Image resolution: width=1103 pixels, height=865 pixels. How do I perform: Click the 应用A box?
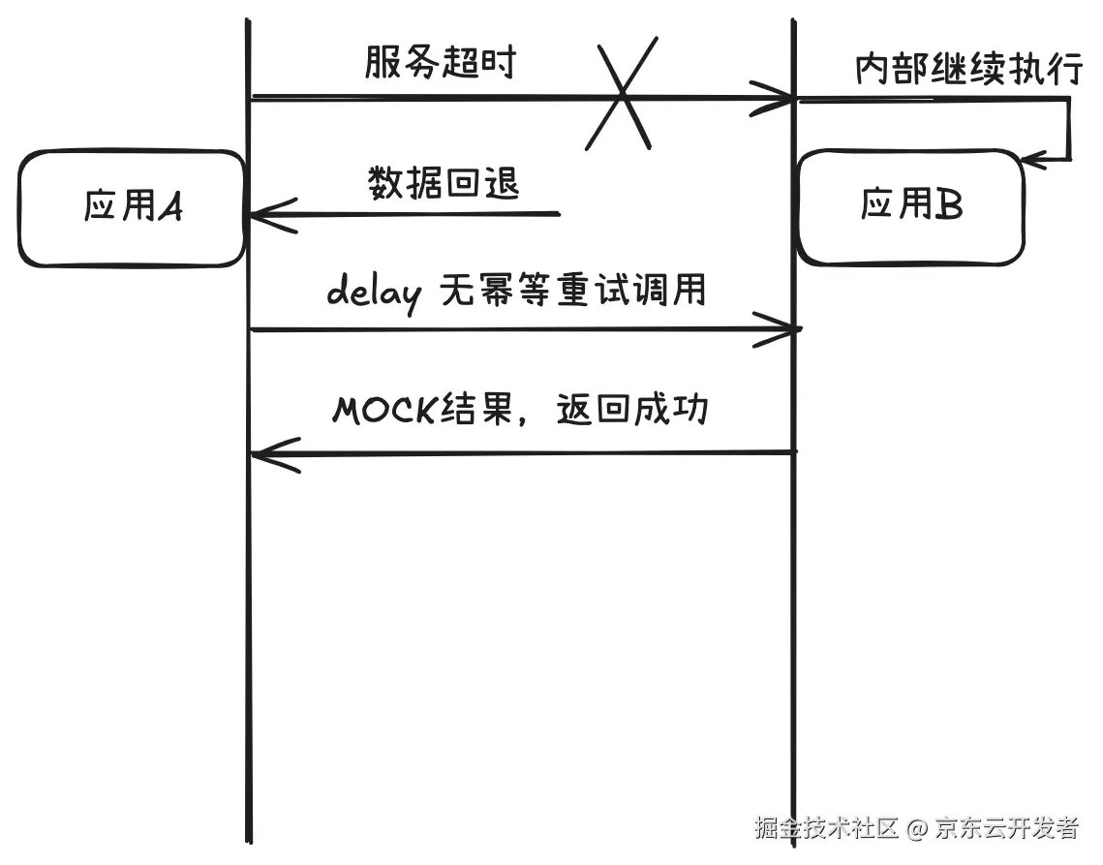[132, 207]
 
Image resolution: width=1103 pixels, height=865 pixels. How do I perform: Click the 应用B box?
[910, 205]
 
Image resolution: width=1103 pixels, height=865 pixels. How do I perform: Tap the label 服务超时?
[441, 63]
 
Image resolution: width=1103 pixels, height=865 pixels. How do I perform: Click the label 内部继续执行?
[967, 70]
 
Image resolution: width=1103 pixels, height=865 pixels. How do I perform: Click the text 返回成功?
[633, 410]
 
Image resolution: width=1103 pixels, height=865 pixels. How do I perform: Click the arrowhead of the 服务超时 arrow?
[781, 98]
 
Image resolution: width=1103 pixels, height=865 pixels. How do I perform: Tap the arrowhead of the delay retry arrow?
[785, 330]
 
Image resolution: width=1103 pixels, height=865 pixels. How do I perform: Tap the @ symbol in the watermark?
[917, 828]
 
